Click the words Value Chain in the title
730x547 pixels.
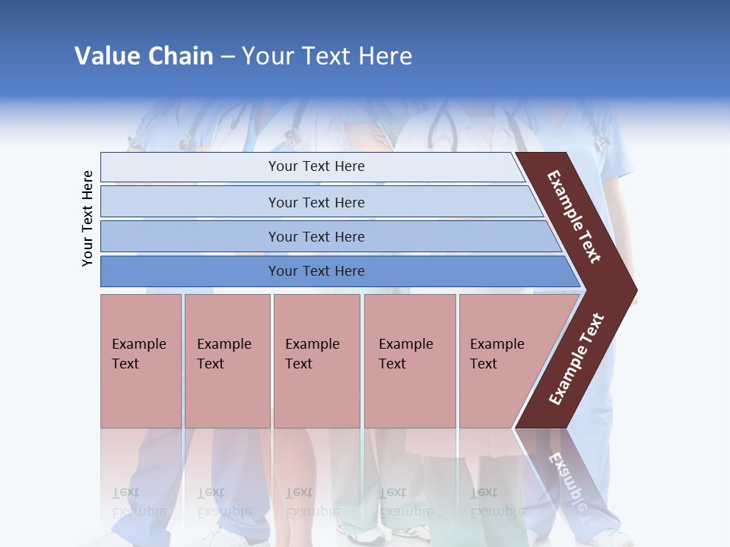pyautogui.click(x=144, y=56)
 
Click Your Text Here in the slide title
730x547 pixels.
pyautogui.click(x=327, y=56)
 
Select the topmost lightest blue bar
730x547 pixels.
pyautogui.click(x=316, y=167)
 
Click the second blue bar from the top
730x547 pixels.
pyautogui.click(x=316, y=202)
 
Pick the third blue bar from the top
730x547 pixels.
pyautogui.click(x=316, y=236)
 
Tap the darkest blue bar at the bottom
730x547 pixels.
pyautogui.click(x=316, y=271)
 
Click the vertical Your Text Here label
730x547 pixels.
pyautogui.click(x=87, y=218)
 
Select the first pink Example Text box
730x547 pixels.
pyautogui.click(x=141, y=361)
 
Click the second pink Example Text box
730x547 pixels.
pyautogui.click(x=227, y=361)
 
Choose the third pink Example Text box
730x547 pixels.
pyautogui.click(x=316, y=361)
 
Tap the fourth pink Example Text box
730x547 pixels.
pyautogui.click(x=409, y=361)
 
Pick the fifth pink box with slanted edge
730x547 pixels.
pyautogui.click(x=502, y=361)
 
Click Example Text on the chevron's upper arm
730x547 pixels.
pyautogui.click(x=574, y=217)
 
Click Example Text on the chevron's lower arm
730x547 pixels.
pyautogui.click(x=576, y=359)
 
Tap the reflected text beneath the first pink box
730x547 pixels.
pyautogui.click(x=138, y=502)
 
